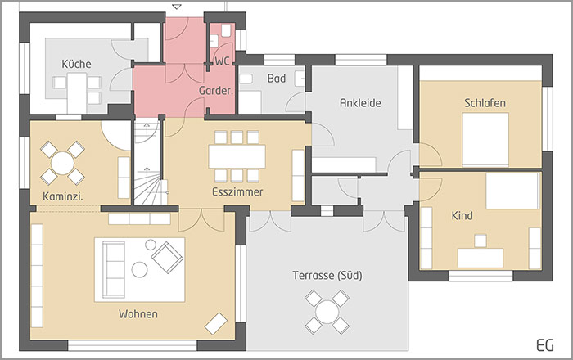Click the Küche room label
(76, 64)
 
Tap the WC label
(222, 61)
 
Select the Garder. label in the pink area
(216, 92)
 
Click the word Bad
(276, 79)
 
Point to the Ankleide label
(361, 103)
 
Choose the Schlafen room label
(485, 103)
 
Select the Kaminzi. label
(63, 196)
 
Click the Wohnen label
(138, 314)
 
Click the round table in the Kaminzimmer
(62, 162)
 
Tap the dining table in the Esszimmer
(237, 155)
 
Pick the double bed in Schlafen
(485, 139)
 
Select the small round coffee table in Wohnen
(139, 269)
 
